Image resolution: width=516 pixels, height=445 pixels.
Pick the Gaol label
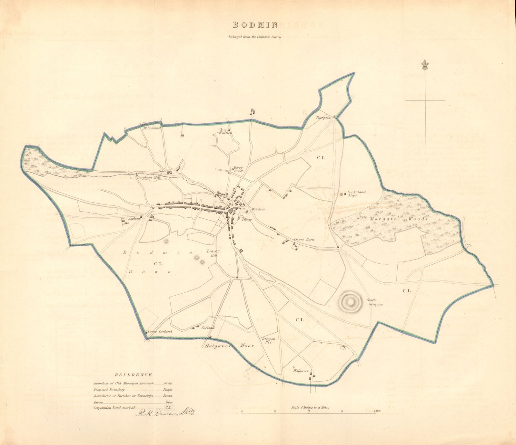[x=162, y=171]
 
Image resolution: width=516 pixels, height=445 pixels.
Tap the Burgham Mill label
[x=147, y=177]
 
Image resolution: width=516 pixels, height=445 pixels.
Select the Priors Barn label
[x=303, y=240]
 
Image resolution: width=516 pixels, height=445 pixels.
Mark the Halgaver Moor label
[x=229, y=346]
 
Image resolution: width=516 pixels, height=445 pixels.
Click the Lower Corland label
[x=160, y=332]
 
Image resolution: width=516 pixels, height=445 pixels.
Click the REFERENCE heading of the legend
[x=133, y=375]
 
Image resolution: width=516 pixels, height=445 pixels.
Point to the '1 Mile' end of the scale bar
[x=376, y=411]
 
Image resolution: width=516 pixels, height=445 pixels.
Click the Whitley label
[x=225, y=133]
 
